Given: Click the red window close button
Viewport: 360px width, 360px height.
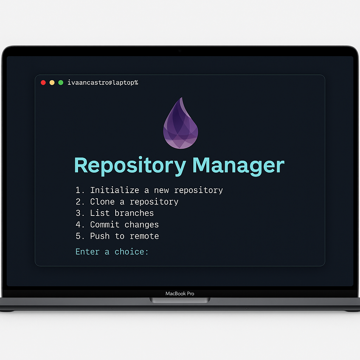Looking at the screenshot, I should click(43, 83).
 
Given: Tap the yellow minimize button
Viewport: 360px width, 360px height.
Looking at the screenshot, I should click(52, 83).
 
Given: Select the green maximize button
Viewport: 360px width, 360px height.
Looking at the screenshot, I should click(60, 83).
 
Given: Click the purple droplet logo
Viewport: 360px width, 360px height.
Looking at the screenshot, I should click(180, 123).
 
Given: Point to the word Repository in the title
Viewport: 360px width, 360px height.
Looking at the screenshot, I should click(130, 165).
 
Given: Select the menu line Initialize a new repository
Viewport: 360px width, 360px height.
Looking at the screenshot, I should click(149, 190).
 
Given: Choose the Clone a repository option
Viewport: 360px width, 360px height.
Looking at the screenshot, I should click(127, 202).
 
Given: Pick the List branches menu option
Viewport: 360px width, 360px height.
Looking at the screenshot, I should click(115, 213).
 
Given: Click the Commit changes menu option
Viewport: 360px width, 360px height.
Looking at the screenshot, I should click(117, 225).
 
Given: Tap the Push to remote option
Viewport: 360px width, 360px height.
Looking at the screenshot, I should click(117, 236).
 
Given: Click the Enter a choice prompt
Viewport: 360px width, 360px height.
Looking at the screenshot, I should click(112, 252).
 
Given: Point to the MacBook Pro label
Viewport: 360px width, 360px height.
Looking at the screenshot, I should click(180, 294).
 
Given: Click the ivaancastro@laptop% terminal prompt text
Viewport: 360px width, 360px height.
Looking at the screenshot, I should click(103, 83).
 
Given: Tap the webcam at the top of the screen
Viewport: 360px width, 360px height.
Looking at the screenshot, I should click(180, 51).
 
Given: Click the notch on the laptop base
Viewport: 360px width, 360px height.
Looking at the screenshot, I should click(180, 300).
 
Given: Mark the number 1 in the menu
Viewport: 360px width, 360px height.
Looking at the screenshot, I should click(78, 190).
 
